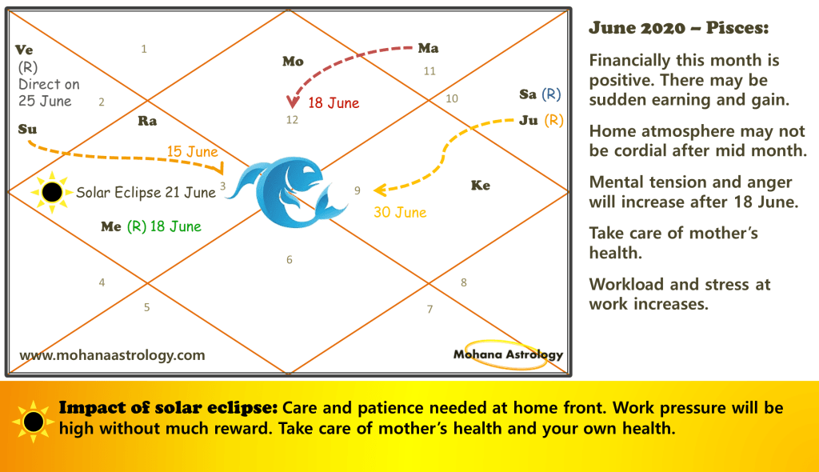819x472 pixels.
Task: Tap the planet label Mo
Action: tap(293, 62)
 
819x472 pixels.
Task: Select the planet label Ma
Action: tap(429, 48)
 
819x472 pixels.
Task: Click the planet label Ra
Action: tap(147, 122)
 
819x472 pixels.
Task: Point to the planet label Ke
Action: tap(481, 186)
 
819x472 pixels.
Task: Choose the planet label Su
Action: tap(27, 129)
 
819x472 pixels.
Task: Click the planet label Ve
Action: tap(24, 50)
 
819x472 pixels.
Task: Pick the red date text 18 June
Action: tap(334, 103)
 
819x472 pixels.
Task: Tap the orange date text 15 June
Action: tap(192, 151)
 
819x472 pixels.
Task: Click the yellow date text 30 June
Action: tap(400, 212)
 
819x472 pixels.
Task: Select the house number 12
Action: tap(292, 120)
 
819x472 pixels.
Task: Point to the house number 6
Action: tap(290, 260)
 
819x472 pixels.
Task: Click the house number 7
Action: tap(429, 309)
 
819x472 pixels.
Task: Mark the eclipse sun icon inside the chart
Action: tap(52, 192)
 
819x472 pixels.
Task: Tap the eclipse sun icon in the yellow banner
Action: tap(34, 422)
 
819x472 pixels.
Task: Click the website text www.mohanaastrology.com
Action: tap(112, 355)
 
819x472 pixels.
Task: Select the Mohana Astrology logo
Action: tap(508, 355)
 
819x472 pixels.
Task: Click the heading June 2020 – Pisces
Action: tap(679, 28)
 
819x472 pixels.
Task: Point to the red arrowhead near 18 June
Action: tap(293, 102)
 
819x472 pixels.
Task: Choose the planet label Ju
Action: tap(529, 121)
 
